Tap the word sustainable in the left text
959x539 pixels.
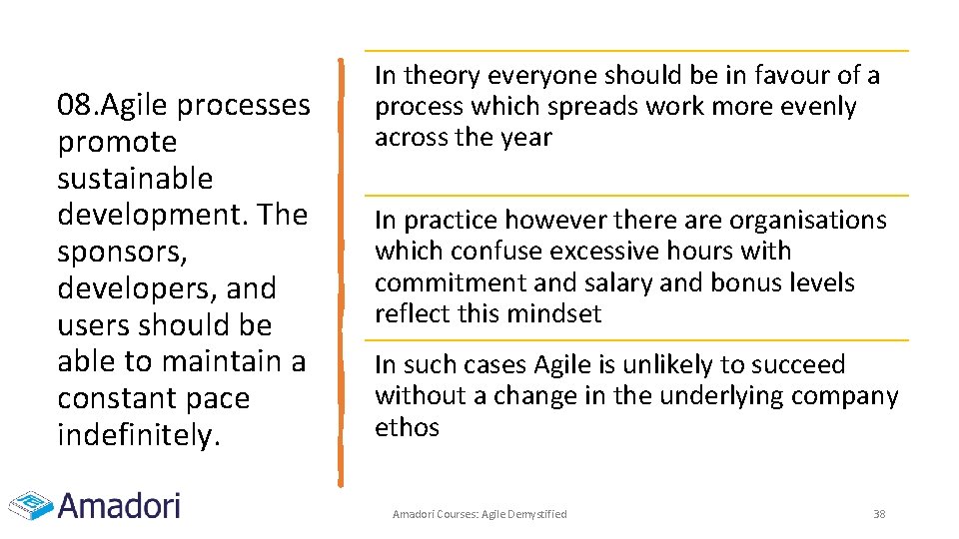coord(135,179)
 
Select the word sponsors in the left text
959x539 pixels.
coord(120,253)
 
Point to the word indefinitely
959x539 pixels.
coord(138,435)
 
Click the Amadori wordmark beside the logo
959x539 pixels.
coord(120,505)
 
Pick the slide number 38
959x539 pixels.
coord(879,514)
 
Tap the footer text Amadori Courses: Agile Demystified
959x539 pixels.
coord(479,514)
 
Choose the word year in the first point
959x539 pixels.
coord(527,137)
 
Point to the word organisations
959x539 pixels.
coord(807,220)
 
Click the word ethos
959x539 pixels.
coord(407,427)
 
